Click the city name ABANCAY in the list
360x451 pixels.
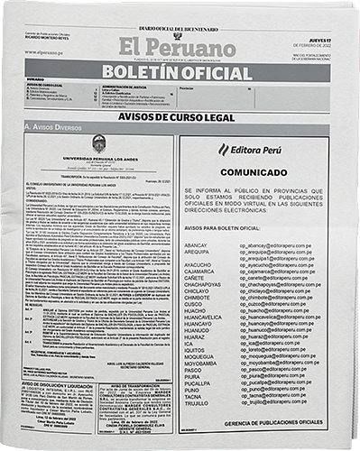196,245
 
